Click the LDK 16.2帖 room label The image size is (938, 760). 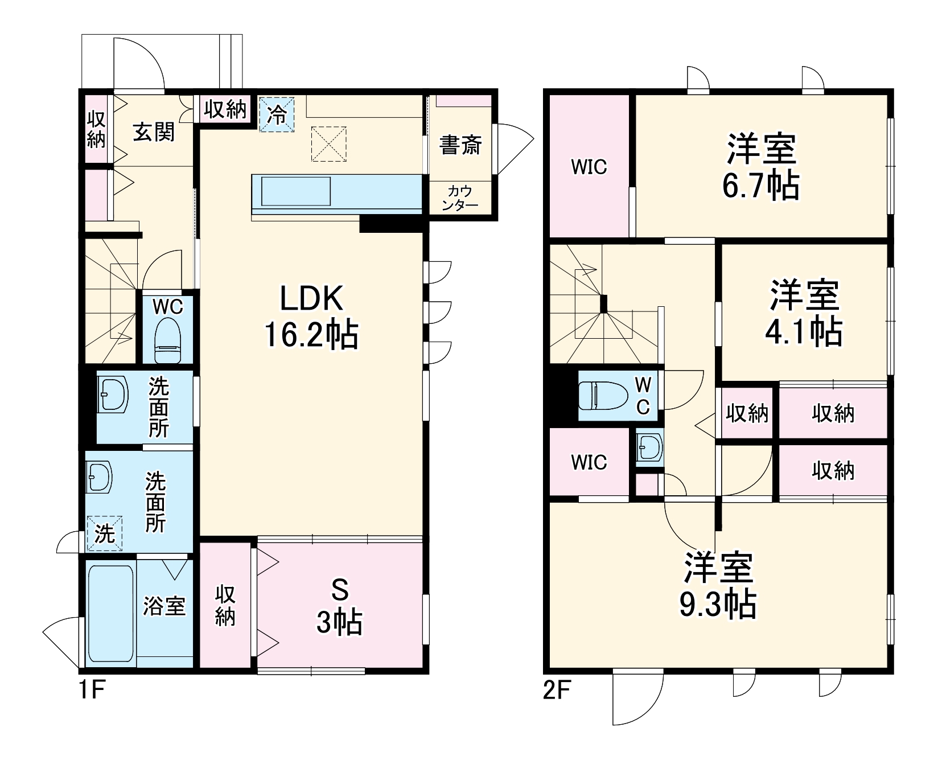pos(311,317)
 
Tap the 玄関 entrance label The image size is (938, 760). pos(154,132)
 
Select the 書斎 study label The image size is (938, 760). pos(460,145)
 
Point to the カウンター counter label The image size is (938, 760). pos(460,198)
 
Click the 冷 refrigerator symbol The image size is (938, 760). pos(277,114)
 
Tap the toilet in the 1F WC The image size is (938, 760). pos(168,340)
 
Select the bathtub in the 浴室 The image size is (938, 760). pos(111,614)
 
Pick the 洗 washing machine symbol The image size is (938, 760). pos(105,533)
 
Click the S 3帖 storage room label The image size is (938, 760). pos(339,606)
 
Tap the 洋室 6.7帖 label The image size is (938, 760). pos(761,166)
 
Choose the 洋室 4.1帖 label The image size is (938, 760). pos(804,313)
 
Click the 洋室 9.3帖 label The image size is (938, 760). pos(718,585)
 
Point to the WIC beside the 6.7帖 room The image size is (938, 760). pos(589,167)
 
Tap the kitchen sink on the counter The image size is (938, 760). pos(295,191)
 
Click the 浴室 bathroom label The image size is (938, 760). pos(164,606)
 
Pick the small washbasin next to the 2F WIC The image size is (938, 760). pos(649,447)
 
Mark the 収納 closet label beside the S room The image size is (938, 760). pos(225,606)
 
